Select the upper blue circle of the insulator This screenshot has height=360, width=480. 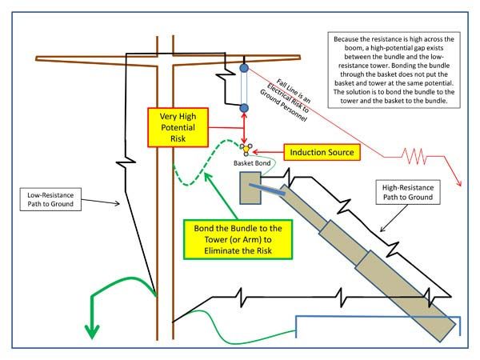pos(243,69)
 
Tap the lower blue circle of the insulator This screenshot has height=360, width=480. pos(243,107)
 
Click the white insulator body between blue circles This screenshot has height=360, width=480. pos(243,88)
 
